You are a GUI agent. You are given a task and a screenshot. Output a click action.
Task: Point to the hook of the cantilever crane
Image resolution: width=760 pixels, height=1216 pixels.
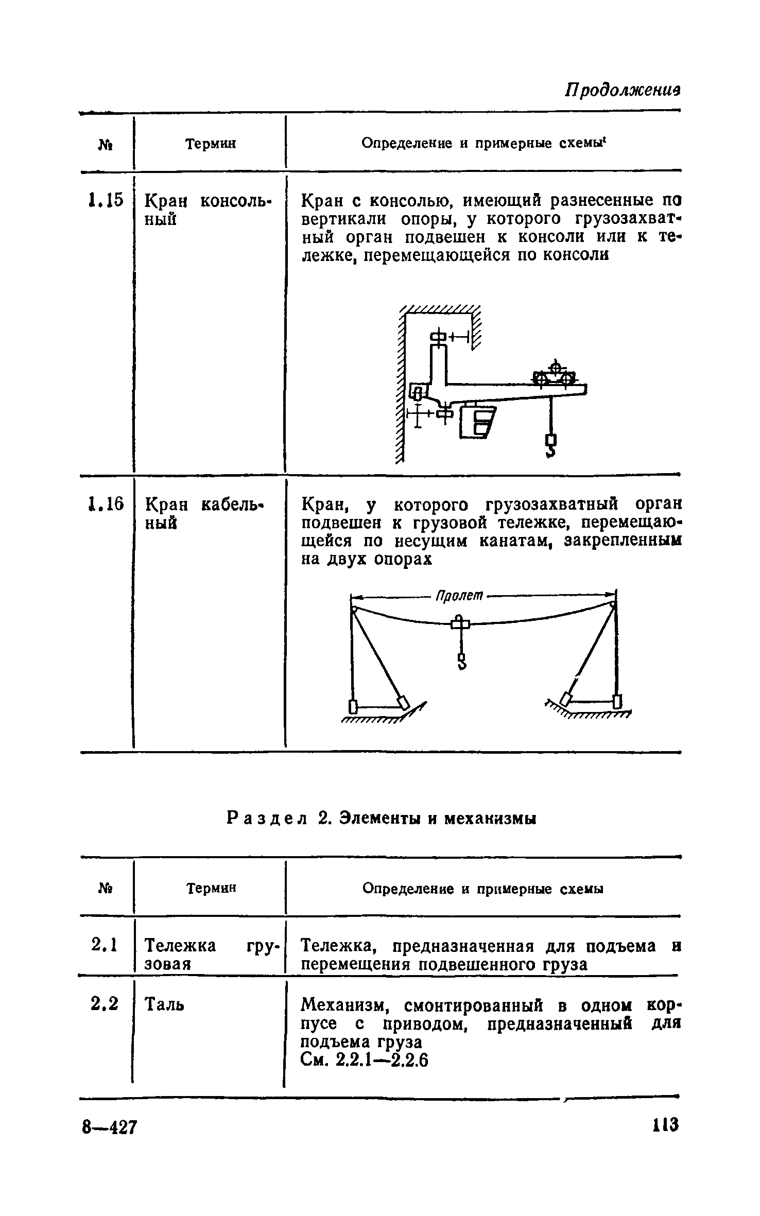tap(551, 446)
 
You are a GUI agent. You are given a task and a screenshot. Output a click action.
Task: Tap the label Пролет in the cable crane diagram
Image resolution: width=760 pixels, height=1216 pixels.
tap(459, 596)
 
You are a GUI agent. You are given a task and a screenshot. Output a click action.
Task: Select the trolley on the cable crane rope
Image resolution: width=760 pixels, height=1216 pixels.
tap(460, 624)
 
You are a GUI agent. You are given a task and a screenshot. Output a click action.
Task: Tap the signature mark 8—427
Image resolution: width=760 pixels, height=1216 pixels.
tap(110, 1127)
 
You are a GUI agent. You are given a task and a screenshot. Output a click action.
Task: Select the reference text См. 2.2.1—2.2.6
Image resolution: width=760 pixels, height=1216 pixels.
tap(365, 1061)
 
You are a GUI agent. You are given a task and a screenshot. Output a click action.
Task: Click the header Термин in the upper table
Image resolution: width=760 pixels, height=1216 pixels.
tap(211, 144)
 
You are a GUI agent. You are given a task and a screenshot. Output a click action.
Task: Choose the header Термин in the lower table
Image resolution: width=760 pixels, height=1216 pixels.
tap(211, 888)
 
